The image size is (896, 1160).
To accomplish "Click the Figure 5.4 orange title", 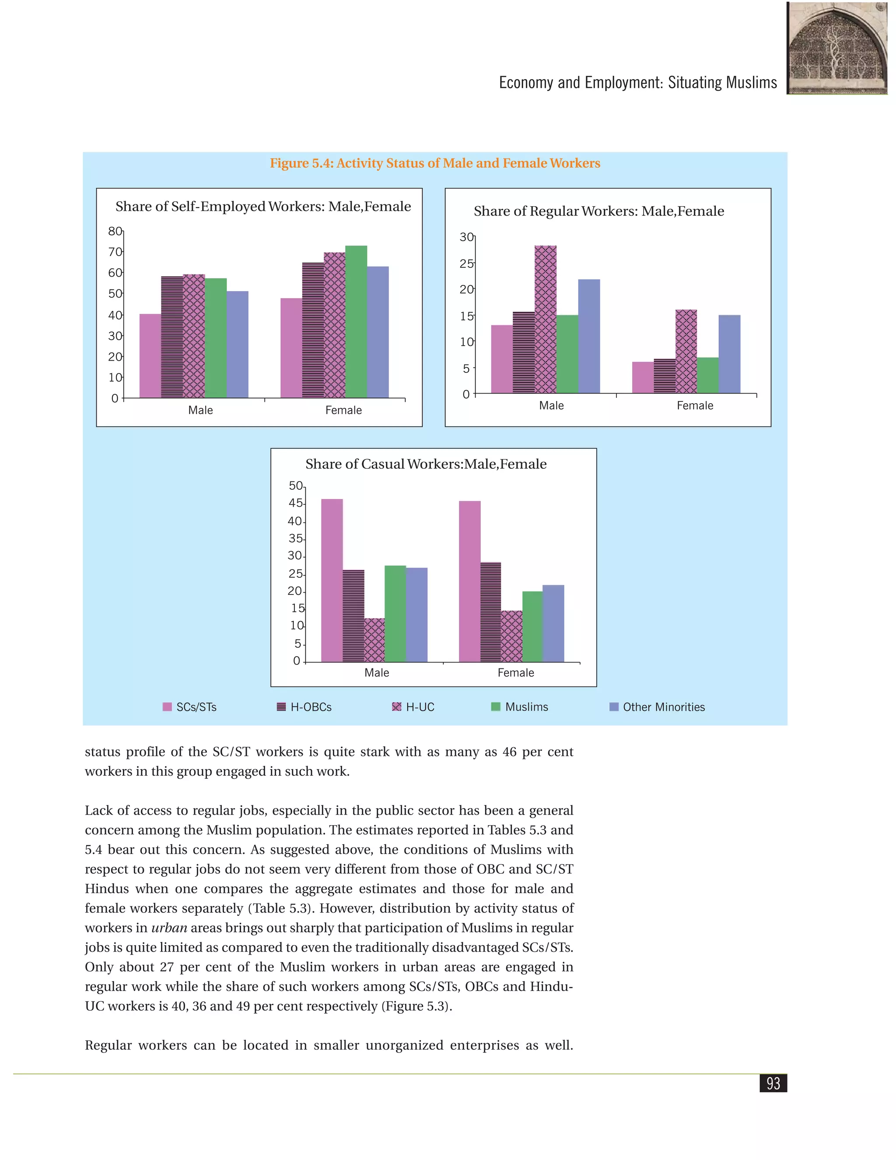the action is [x=435, y=163].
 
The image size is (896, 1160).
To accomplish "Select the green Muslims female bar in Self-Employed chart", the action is [x=356, y=321].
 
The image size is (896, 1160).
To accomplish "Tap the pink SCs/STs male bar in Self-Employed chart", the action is [x=150, y=356].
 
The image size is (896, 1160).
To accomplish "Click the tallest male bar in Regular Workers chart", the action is [x=546, y=319].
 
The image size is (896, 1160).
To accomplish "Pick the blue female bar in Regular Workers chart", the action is [x=729, y=354].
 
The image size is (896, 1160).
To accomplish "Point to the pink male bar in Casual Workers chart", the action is [x=332, y=580].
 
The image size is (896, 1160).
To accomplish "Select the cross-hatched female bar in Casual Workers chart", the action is [x=512, y=636].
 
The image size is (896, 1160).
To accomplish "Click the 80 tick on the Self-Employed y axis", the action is [x=115, y=231].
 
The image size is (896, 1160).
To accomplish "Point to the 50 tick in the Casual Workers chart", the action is [x=296, y=486].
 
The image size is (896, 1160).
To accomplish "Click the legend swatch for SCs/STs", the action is [x=167, y=707].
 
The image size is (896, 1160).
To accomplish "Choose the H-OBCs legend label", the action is [x=311, y=707].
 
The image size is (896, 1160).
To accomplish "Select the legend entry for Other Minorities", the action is [x=657, y=707].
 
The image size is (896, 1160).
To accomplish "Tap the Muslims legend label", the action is [x=527, y=707].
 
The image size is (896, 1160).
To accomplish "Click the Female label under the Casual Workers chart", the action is [x=516, y=672].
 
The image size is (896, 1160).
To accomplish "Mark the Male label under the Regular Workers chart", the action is [x=552, y=405].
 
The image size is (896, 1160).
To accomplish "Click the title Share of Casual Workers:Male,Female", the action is [x=426, y=464].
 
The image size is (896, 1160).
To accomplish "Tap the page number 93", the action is [x=773, y=1083].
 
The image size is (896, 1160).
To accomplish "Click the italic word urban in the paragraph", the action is [x=169, y=928].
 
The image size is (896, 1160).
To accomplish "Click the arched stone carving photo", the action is [x=837, y=48].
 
